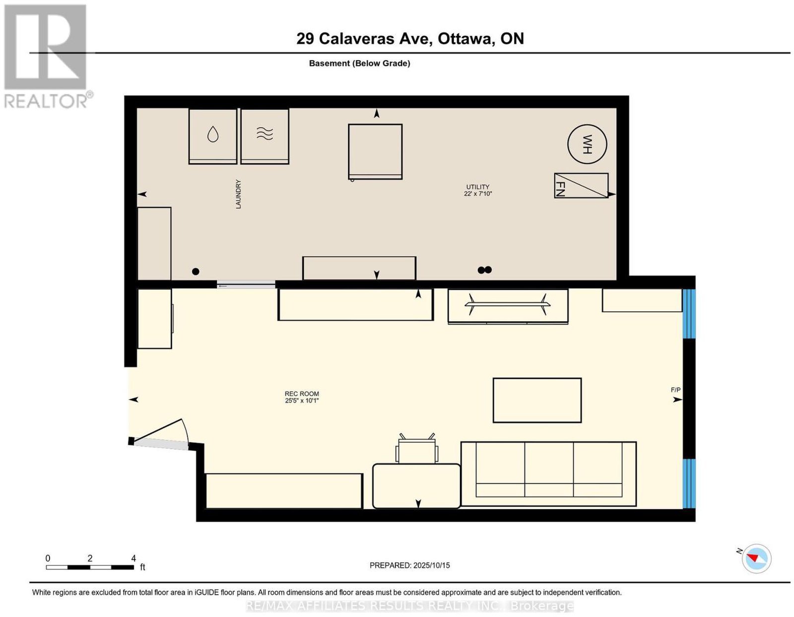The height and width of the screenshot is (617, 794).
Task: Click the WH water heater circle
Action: [587, 144]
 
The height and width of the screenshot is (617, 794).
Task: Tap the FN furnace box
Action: [581, 185]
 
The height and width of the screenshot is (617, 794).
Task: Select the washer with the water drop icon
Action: [213, 137]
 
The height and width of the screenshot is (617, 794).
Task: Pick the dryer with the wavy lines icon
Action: [265, 137]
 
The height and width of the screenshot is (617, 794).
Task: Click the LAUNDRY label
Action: [238, 194]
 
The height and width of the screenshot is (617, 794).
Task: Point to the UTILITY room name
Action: [477, 187]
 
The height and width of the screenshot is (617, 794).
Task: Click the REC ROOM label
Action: [302, 394]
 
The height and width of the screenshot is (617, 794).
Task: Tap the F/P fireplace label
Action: [675, 390]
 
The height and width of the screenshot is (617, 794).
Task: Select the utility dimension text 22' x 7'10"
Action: [478, 194]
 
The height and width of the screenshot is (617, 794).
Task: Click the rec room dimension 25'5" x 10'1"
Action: [302, 401]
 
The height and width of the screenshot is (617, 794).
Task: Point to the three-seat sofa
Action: [548, 474]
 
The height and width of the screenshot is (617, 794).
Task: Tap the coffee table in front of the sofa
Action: [537, 401]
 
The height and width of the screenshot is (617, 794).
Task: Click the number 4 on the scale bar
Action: [133, 558]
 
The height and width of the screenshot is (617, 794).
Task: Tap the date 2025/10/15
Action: [432, 565]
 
